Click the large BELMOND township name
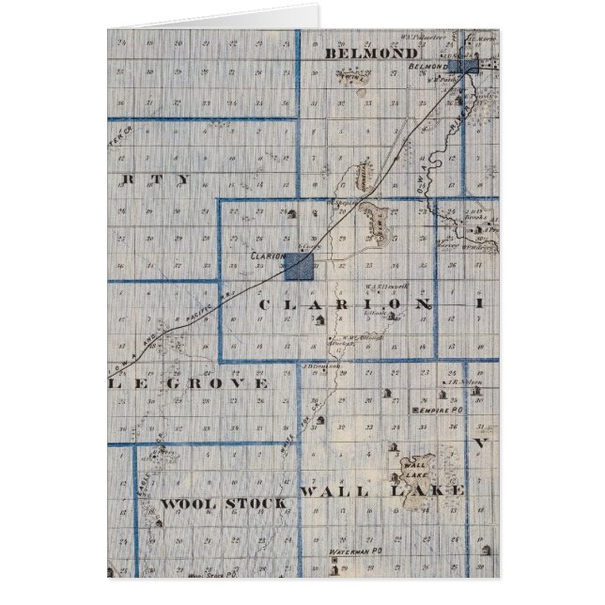pos(371,54)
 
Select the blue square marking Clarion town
pos(299,265)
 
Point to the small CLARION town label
pos(268,254)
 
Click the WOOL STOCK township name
pos(223,504)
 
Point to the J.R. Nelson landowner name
pos(458,382)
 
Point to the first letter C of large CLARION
pos(263,305)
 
